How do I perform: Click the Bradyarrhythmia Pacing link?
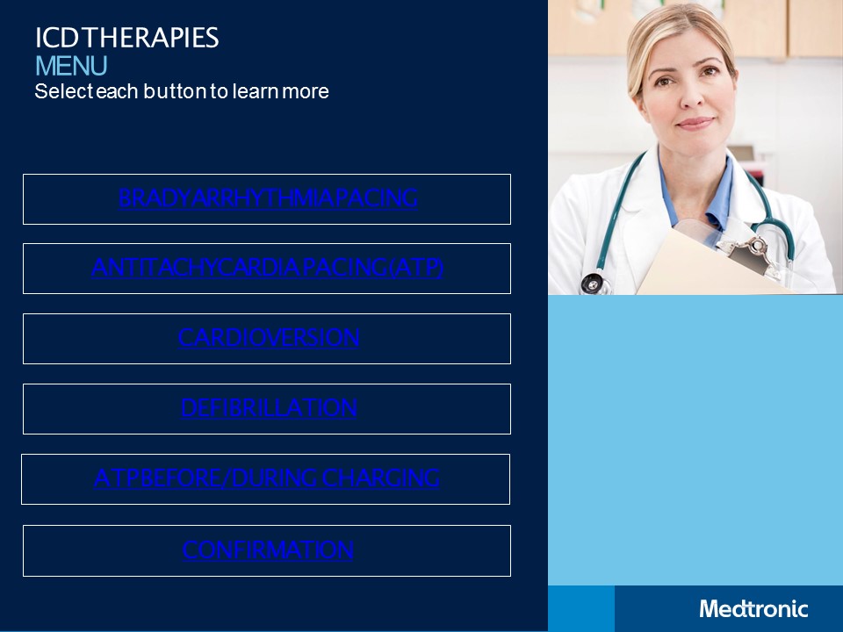coord(268,198)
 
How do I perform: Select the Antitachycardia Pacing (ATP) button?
coord(268,268)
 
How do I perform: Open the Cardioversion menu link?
coord(268,338)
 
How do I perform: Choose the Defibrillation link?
coord(268,408)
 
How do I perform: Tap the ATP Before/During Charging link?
coord(266,478)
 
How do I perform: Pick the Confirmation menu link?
coord(268,550)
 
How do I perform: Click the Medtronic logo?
coord(753,608)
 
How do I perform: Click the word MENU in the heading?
coord(71,66)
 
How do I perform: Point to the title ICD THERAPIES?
coord(126,38)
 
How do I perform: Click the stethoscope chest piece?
coord(594,284)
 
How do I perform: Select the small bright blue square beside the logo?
coord(580,608)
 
